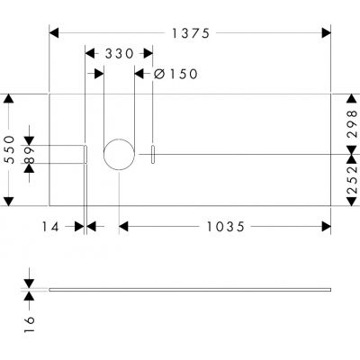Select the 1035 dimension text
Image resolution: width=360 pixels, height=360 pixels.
click(x=222, y=228)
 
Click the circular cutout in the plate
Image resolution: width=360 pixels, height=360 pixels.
click(x=118, y=155)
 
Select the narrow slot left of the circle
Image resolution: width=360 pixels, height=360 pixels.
click(x=85, y=155)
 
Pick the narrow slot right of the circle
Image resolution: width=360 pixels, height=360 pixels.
click(x=153, y=155)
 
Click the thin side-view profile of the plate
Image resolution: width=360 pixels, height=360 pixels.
click(x=189, y=289)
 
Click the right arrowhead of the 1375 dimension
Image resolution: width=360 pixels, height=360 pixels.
click(x=326, y=33)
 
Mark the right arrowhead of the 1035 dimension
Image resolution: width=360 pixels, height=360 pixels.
click(x=326, y=228)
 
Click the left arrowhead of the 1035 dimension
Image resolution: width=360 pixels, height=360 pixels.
click(x=123, y=228)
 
